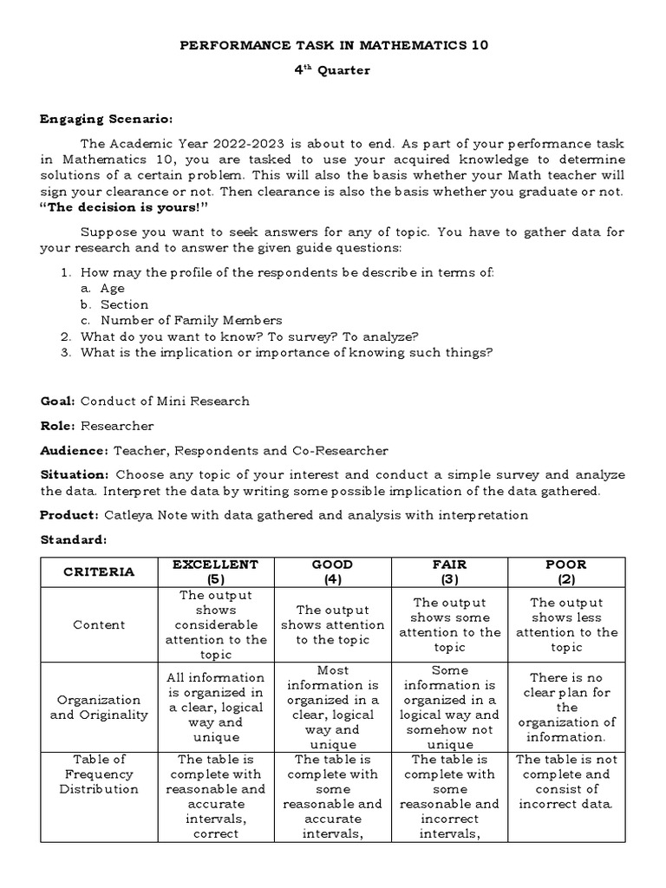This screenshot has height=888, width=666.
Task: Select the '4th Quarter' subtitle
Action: coord(333,70)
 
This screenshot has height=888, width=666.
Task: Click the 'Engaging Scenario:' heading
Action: coord(107,119)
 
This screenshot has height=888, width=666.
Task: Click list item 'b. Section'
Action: coord(114,304)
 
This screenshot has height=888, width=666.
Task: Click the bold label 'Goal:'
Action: coord(58,401)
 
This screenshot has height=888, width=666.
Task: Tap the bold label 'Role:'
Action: coord(58,426)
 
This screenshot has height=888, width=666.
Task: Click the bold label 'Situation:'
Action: coord(75,475)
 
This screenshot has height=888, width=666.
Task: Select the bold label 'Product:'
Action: coord(69,515)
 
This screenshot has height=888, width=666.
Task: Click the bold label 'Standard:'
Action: coord(73,540)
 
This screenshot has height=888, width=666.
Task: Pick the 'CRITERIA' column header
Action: coord(99,571)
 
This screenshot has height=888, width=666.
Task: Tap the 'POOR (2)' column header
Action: coord(566,571)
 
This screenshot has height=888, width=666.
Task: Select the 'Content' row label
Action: coord(99,624)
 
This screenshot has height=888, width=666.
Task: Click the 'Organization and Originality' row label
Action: coord(99,707)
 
